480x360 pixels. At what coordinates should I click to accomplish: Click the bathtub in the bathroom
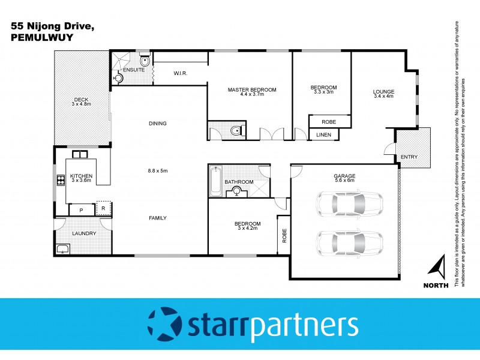click(x=215, y=181)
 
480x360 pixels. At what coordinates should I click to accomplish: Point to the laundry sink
click(x=62, y=248)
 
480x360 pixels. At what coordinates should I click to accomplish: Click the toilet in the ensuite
click(x=145, y=61)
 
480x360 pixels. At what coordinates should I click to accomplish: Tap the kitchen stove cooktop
click(x=60, y=179)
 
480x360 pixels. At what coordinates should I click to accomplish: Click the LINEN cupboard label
click(x=323, y=134)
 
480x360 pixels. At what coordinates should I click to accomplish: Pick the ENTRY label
click(x=409, y=157)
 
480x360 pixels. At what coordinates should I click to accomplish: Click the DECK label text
click(x=81, y=100)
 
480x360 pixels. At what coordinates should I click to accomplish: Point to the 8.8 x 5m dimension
click(x=158, y=171)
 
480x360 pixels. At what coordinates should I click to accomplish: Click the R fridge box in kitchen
click(x=103, y=209)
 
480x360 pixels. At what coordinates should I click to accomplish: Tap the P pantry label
click(x=80, y=211)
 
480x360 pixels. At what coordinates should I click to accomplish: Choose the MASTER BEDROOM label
click(x=251, y=89)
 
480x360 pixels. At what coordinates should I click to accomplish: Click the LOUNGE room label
click(x=383, y=91)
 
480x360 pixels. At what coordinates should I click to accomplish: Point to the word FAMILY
click(x=158, y=218)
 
